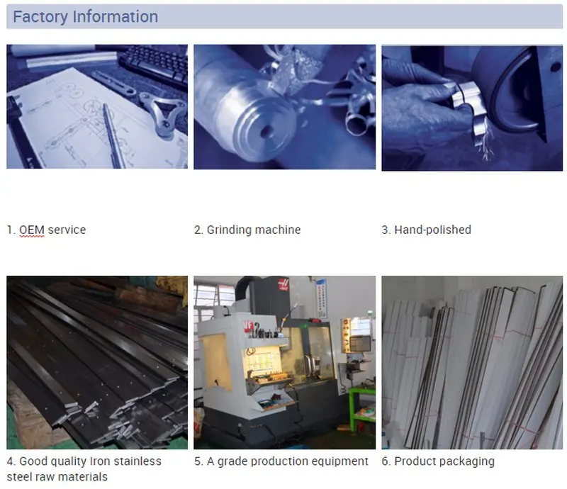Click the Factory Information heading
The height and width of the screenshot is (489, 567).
point(85,16)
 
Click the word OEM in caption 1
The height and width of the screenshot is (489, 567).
point(32,230)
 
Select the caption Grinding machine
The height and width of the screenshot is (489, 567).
point(254,230)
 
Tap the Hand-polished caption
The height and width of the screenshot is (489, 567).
point(432,230)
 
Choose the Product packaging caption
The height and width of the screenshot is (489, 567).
point(444,461)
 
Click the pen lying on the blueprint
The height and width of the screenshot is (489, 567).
point(114,135)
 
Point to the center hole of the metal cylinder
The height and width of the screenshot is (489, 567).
point(267,131)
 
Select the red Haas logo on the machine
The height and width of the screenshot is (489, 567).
point(283,285)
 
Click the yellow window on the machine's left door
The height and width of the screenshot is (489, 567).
point(217,362)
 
